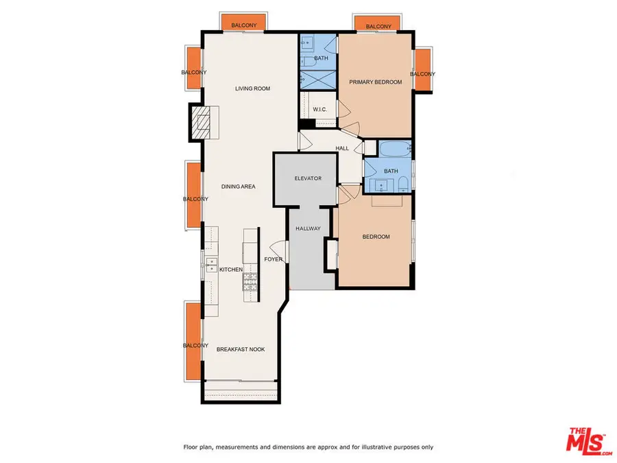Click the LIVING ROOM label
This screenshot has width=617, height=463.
pos(252,88)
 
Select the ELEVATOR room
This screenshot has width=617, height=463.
pos(308,178)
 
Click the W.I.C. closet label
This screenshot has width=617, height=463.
pos(319,110)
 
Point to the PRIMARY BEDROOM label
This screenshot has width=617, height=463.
pos(375,82)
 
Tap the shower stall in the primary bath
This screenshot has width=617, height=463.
pos(317,79)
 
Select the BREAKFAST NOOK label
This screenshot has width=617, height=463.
pos(240,350)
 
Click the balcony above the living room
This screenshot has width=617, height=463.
pos(245,23)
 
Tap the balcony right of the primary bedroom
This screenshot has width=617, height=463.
pos(423,71)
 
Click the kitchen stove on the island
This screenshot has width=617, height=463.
pos(252,281)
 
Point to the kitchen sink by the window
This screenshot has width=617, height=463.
pos(211,263)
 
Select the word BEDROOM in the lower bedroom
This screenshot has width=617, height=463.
pos(376,237)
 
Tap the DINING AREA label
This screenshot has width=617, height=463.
pos(238,187)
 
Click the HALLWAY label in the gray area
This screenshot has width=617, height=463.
pos(308,228)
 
